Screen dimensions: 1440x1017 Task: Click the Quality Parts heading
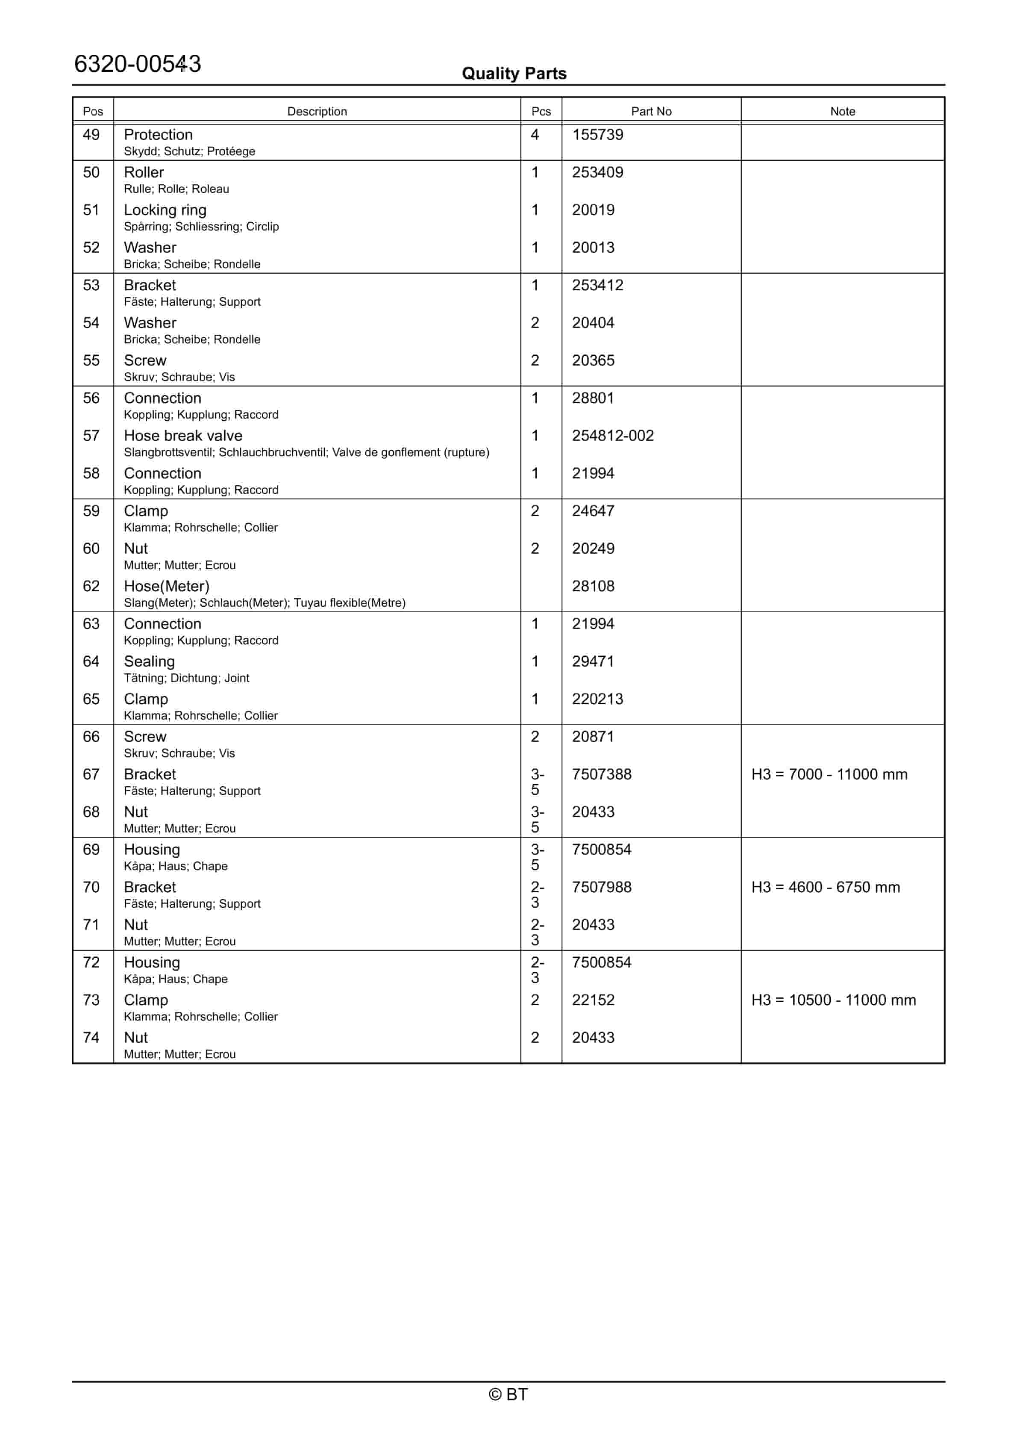click(x=514, y=74)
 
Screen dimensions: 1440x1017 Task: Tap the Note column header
click(x=842, y=111)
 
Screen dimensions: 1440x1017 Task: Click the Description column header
click(x=317, y=111)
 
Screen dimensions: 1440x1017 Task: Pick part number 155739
click(x=597, y=135)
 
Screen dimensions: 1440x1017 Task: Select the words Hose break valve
click(x=182, y=436)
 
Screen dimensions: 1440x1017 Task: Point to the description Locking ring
click(x=165, y=210)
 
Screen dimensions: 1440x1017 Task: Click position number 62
click(x=91, y=587)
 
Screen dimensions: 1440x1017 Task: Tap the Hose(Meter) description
click(x=166, y=587)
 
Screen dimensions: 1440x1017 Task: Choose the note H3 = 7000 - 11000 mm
click(x=829, y=775)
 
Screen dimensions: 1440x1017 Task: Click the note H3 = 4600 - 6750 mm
click(x=825, y=888)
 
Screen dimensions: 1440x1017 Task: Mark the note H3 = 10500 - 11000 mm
click(x=833, y=1000)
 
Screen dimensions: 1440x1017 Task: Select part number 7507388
click(x=601, y=775)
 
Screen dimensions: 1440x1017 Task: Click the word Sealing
click(x=149, y=662)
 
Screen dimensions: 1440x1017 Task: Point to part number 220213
click(x=597, y=699)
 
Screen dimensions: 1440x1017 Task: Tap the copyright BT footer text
click(x=508, y=1394)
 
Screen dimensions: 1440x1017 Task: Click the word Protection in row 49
click(x=158, y=135)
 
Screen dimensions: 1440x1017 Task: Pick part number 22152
click(x=593, y=1000)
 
